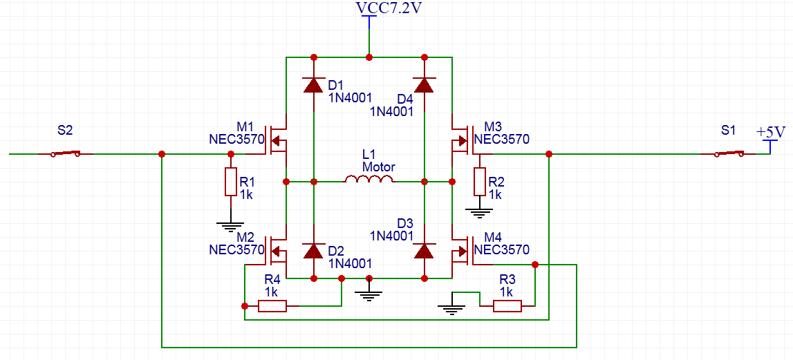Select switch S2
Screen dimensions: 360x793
click(66, 153)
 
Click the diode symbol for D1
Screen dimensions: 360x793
click(313, 85)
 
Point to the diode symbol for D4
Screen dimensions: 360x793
click(424, 85)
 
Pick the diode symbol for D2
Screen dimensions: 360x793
click(313, 250)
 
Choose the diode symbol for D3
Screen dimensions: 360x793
click(424, 250)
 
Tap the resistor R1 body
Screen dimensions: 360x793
click(230, 182)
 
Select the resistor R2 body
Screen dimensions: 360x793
click(479, 182)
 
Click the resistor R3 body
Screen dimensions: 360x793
click(507, 305)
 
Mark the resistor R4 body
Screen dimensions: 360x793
click(272, 305)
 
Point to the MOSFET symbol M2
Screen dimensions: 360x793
click(278, 252)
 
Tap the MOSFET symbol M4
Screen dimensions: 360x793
click(460, 252)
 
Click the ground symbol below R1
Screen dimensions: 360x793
click(230, 224)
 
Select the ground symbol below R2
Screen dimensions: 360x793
click(479, 210)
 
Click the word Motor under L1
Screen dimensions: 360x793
click(379, 167)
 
